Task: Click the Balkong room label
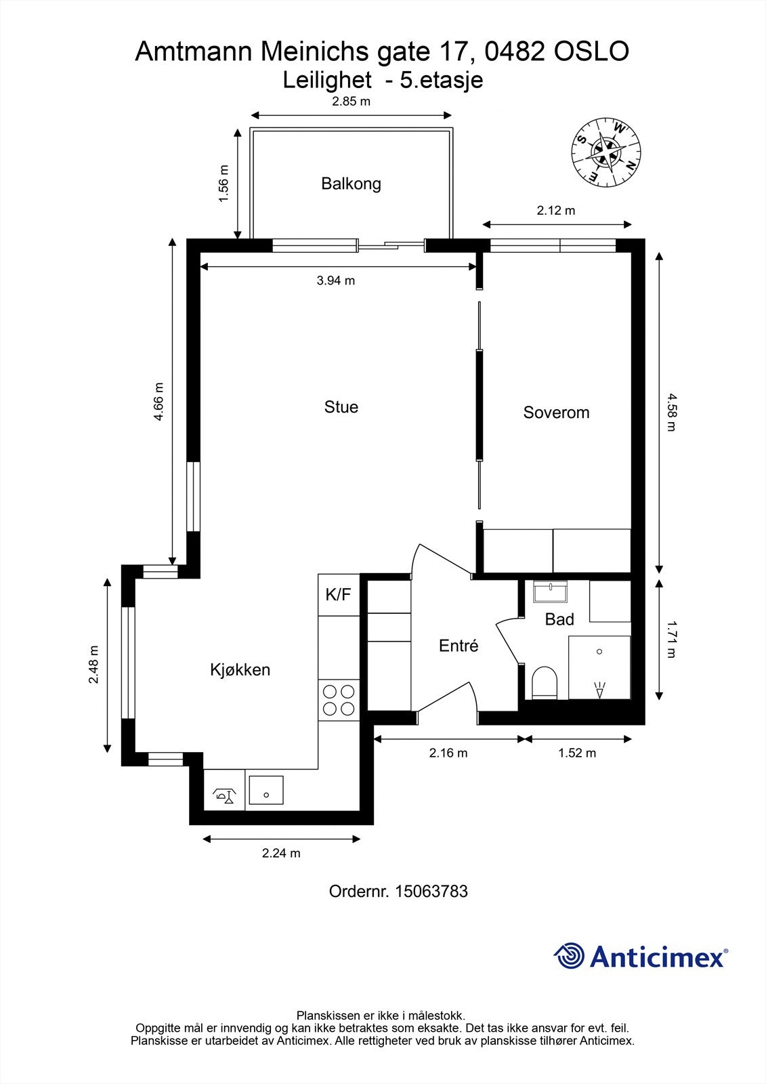coord(351,184)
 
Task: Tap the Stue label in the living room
coord(341,407)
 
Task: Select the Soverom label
coord(556,413)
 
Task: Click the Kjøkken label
coord(240,669)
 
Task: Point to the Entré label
coord(459,645)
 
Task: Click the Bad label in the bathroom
coord(559,619)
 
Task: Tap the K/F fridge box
coord(339,595)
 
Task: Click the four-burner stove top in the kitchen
coord(339,701)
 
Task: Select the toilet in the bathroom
coord(544,682)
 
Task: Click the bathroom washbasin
coord(550,591)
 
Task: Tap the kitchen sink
coord(266,791)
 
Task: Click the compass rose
coord(606,152)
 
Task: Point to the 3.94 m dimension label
coord(336,280)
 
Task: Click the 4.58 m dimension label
coord(671,412)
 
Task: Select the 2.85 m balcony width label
coord(351,101)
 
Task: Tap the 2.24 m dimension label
coord(281,853)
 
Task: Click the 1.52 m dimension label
coord(577,753)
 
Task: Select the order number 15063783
coord(431,892)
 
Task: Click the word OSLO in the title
coord(591,51)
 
